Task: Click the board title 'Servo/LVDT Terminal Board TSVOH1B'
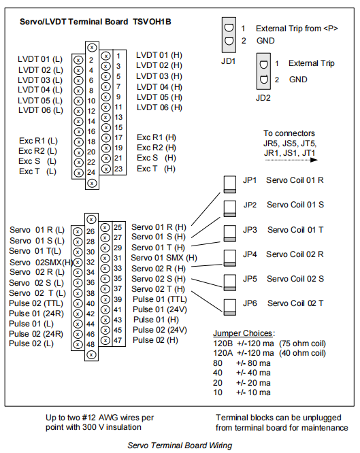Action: coord(95,22)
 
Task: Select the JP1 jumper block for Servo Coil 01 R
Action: coord(230,184)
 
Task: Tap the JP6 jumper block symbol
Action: coord(230,307)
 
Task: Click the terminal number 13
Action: coord(118,117)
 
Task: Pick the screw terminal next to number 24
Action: coord(78,173)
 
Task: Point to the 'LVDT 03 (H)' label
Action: coord(159,76)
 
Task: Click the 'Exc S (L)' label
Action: coord(37,161)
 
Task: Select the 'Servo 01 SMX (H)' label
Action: coord(164,258)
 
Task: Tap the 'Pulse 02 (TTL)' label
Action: coord(36,303)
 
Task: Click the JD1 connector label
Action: coord(229,61)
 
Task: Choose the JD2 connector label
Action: coord(263,98)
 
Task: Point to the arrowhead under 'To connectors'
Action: coord(314,160)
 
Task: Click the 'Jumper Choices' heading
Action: coord(243,333)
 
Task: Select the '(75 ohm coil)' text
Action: coord(302,343)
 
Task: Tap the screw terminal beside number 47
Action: coord(105,340)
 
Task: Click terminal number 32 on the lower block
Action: coord(91,262)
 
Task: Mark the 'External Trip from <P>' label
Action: coord(297,29)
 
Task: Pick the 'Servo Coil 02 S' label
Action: coord(295,279)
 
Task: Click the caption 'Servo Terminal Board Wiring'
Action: coord(180,446)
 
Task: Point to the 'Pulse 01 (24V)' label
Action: coord(160,309)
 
